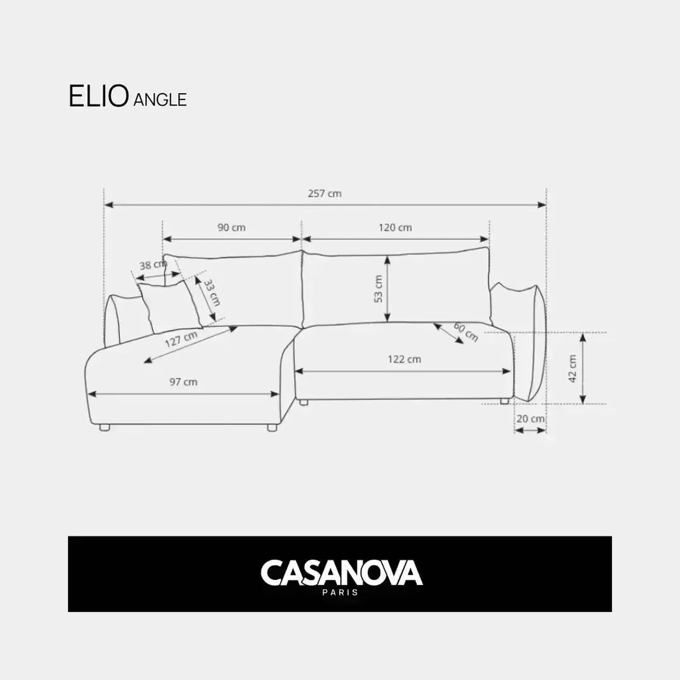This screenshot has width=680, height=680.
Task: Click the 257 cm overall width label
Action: click(325, 193)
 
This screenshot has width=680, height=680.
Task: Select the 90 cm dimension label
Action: click(232, 227)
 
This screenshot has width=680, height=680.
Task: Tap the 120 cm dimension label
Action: click(395, 227)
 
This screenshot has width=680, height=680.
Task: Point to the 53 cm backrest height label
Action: click(378, 289)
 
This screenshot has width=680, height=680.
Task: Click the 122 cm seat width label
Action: click(404, 359)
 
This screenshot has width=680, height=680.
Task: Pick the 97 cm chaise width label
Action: click(183, 382)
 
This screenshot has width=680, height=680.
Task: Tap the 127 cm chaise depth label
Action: click(181, 339)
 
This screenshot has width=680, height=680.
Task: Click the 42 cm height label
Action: click(573, 368)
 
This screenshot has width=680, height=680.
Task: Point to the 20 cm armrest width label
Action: click(530, 419)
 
